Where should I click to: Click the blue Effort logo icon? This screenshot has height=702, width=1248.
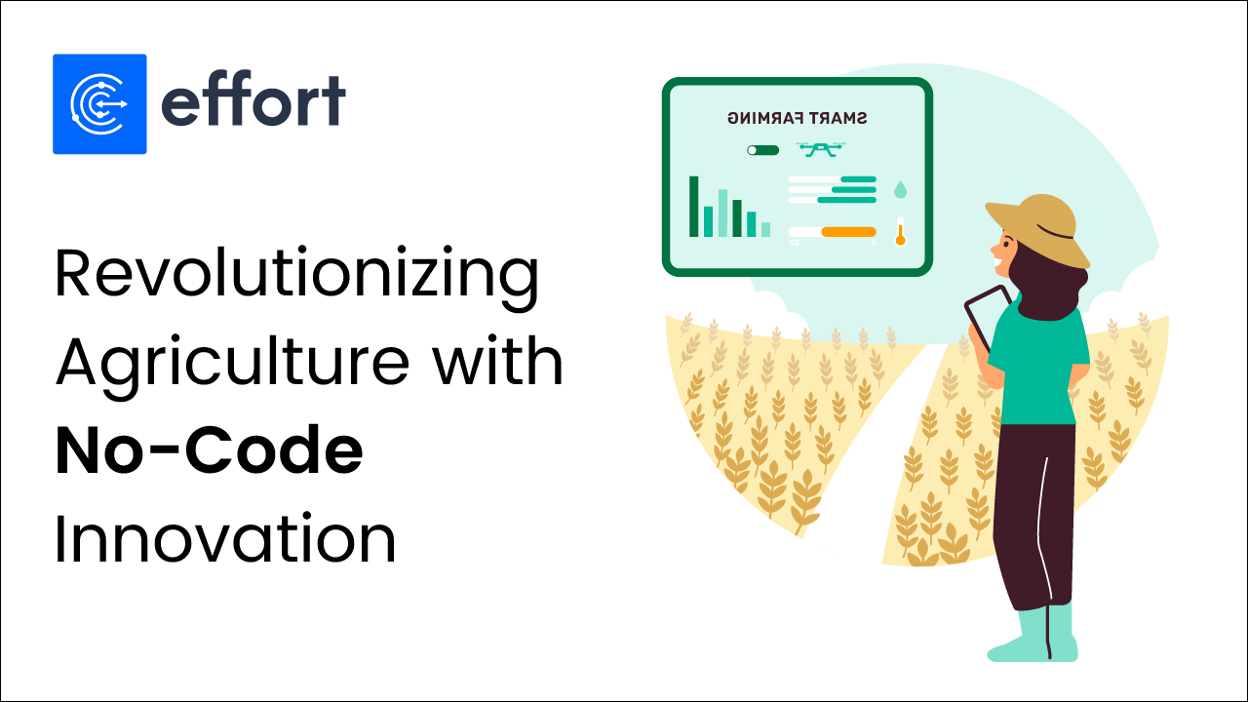tap(99, 103)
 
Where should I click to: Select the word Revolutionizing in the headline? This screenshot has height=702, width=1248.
tap(296, 275)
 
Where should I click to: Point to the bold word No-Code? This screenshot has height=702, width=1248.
tap(209, 451)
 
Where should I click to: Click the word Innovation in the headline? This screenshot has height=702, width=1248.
tap(225, 539)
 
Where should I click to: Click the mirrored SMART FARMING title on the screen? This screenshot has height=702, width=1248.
tap(798, 119)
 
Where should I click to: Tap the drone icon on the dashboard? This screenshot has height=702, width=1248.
tap(821, 149)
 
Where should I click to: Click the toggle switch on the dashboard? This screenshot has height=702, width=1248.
tap(762, 150)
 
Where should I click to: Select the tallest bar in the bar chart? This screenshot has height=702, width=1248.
tap(694, 207)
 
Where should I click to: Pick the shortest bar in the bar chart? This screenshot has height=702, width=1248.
tap(765, 229)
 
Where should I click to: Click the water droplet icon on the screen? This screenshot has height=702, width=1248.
tap(900, 188)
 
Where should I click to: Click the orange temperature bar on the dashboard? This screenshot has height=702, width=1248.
tap(848, 232)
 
